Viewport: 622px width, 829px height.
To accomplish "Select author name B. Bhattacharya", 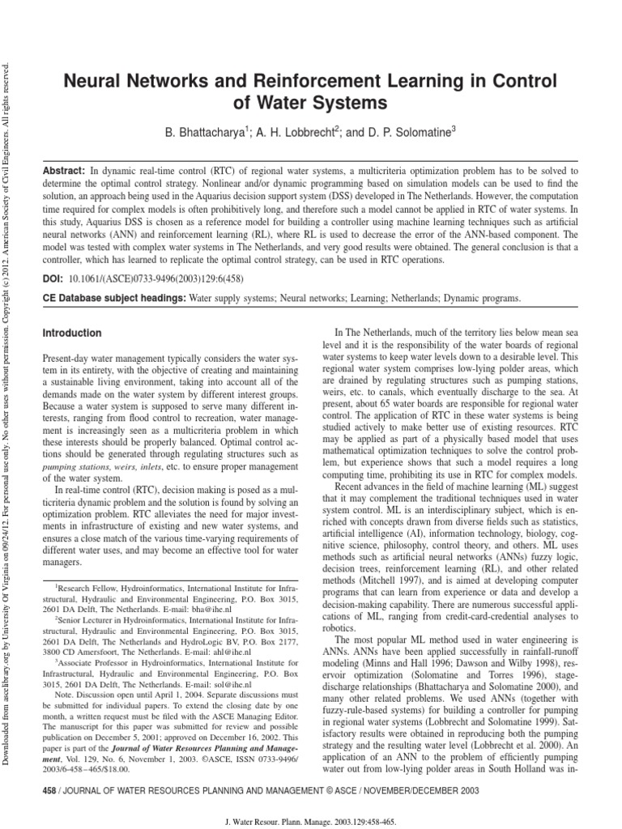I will tap(202, 132).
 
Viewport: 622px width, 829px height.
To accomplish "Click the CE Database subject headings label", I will tap(113, 299).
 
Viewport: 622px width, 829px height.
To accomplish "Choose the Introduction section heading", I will tap(71, 333).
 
